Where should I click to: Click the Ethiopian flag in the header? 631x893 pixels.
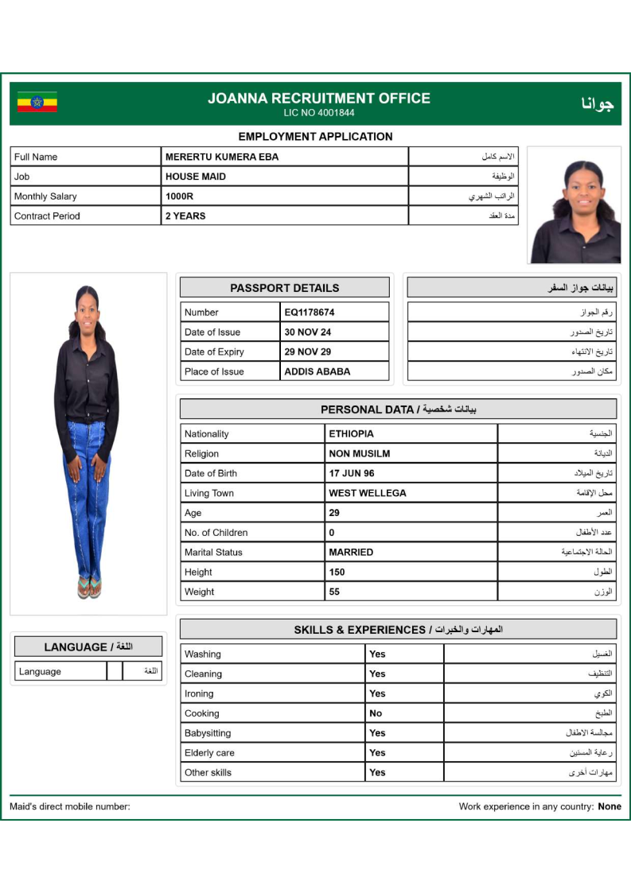(x=37, y=103)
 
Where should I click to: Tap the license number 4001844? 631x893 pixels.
(x=319, y=113)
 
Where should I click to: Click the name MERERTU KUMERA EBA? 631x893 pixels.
(x=222, y=157)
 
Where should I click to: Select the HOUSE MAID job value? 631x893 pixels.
(x=196, y=177)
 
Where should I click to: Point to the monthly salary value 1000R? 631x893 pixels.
(x=178, y=196)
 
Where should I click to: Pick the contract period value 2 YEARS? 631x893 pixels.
(x=185, y=215)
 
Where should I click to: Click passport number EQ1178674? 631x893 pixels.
(x=310, y=313)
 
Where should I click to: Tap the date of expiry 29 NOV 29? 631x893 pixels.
(x=308, y=351)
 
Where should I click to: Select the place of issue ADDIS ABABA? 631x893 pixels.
(x=317, y=371)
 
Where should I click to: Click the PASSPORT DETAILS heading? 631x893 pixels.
(x=284, y=288)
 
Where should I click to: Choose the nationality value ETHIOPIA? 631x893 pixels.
(x=351, y=434)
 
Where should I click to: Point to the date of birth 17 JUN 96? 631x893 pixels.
(x=352, y=473)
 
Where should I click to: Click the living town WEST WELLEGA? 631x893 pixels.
(x=368, y=493)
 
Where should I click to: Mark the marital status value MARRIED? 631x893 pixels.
(x=351, y=552)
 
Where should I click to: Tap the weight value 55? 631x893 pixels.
(x=334, y=592)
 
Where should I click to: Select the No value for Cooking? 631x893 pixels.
(x=376, y=713)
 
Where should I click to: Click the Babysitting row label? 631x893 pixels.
(x=208, y=733)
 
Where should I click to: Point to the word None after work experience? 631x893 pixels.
(x=610, y=806)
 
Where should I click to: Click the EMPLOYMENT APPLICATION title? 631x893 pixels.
(x=315, y=137)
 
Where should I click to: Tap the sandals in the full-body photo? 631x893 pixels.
(x=89, y=588)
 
